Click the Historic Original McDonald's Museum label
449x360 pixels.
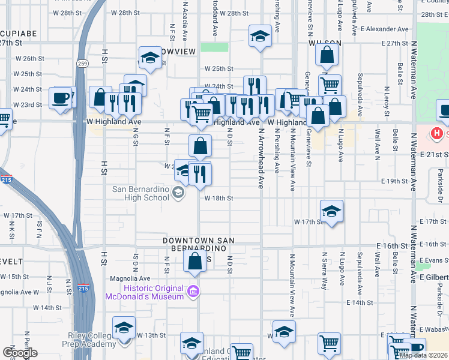pyautogui.click(x=144, y=292)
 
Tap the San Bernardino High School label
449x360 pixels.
pyautogui.click(x=141, y=193)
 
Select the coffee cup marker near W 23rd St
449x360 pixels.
pyautogui.click(x=61, y=98)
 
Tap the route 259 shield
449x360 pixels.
pyautogui.click(x=82, y=63)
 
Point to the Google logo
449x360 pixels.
pyautogui.click(x=20, y=353)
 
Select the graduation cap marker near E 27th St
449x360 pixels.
pyautogui.click(x=260, y=36)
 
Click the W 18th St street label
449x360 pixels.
pyautogui.click(x=218, y=197)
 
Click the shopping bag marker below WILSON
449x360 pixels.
pyautogui.click(x=327, y=57)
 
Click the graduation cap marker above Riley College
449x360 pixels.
pyautogui.click(x=124, y=328)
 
